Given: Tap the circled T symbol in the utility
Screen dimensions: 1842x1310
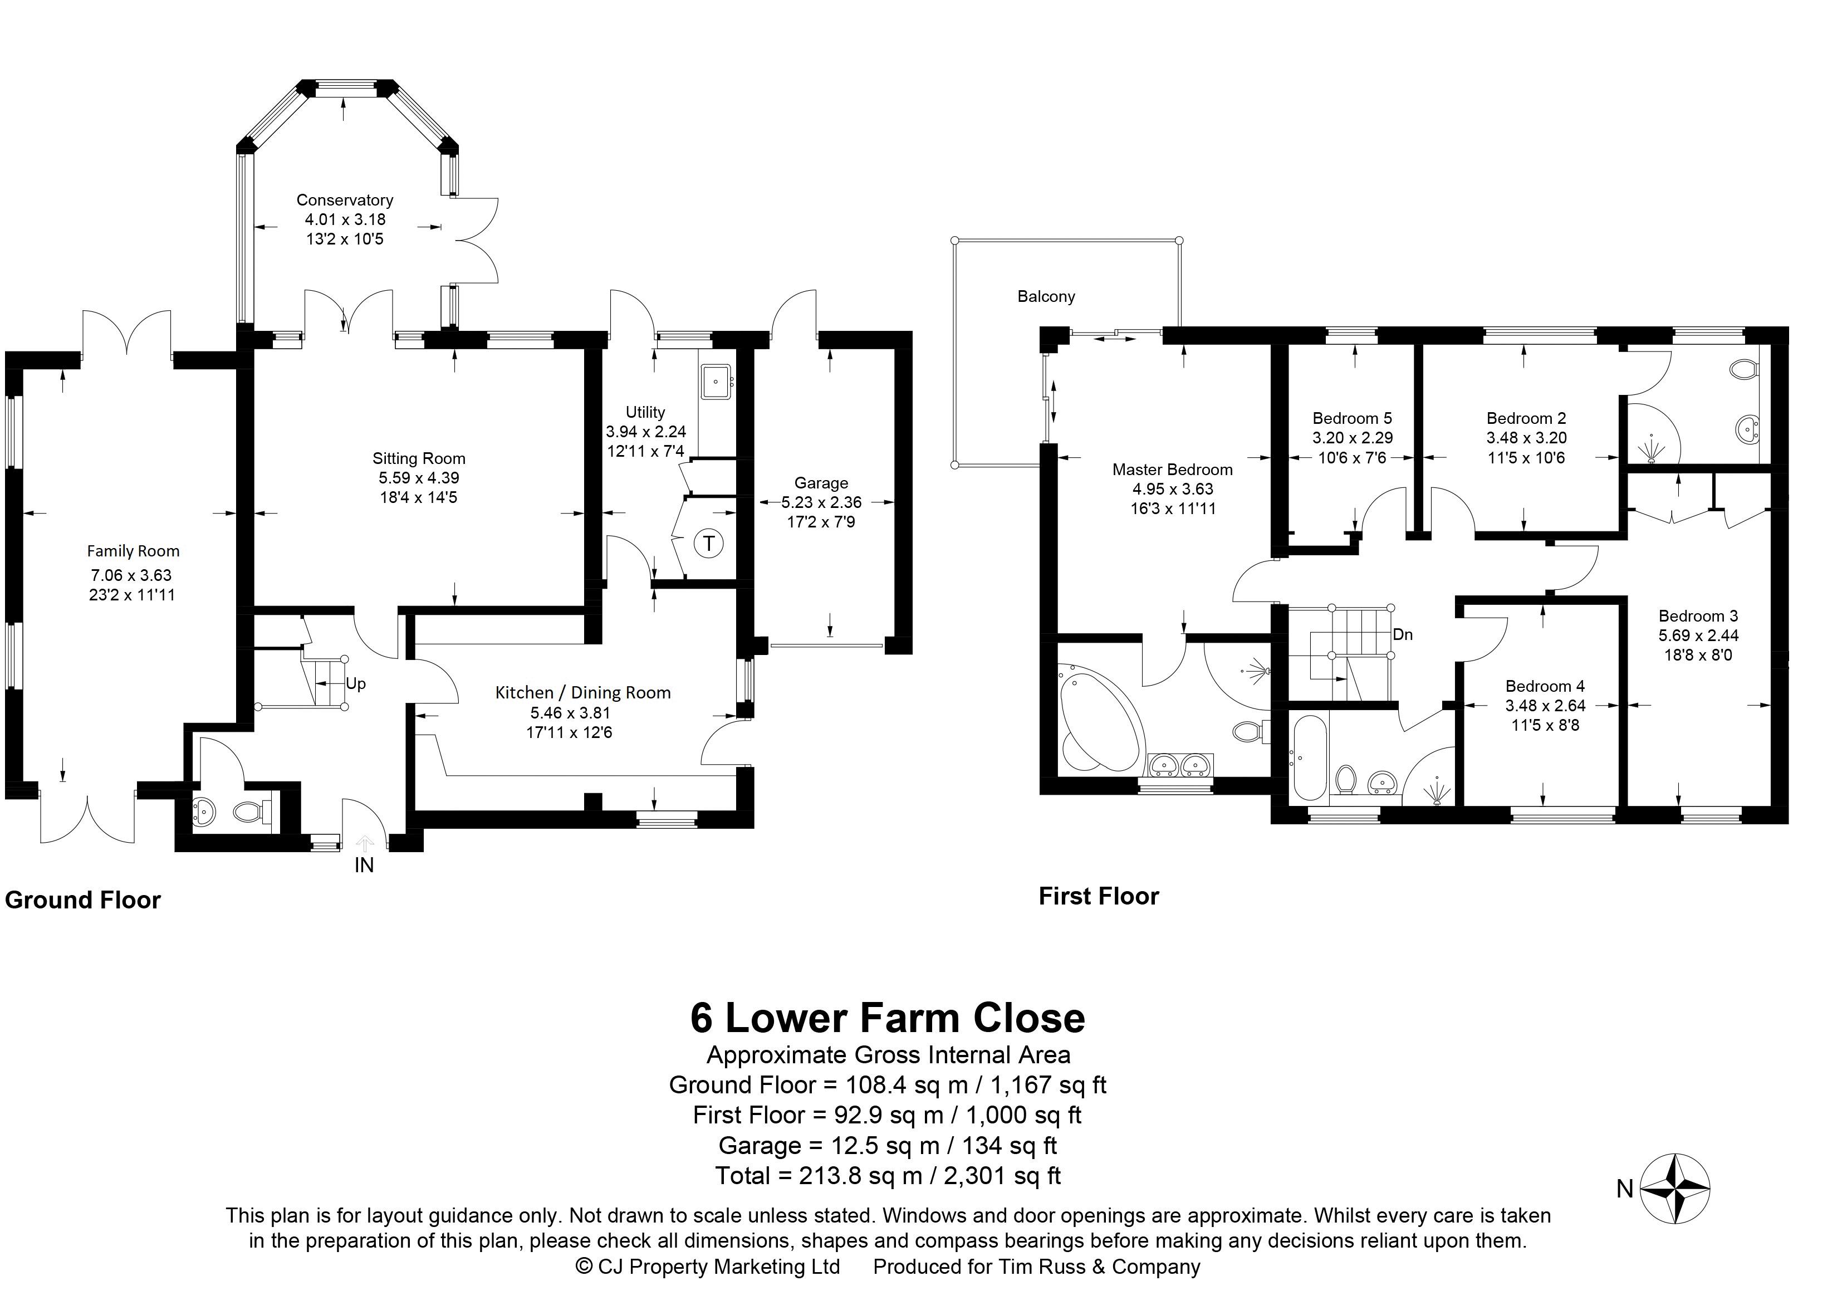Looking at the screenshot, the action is tap(709, 543).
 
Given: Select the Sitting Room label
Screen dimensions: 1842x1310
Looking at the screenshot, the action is tap(419, 459).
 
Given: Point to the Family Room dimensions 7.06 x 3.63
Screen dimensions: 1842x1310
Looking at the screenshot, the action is tap(131, 575).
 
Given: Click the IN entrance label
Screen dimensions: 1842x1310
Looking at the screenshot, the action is tap(365, 865).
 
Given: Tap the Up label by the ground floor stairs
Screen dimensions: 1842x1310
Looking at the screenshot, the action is tap(356, 683).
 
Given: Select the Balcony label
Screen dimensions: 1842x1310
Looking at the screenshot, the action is tap(1046, 297).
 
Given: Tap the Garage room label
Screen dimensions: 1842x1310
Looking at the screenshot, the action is tap(821, 483).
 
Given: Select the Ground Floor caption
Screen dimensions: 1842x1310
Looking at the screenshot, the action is tap(83, 900).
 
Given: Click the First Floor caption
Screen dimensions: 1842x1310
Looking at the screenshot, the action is tap(1099, 896).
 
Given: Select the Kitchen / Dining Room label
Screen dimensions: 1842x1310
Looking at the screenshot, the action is tap(583, 693).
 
